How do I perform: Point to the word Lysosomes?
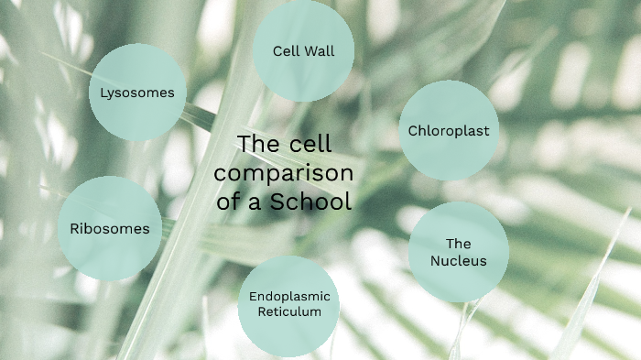pos(137,93)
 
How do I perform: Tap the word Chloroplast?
pos(449,131)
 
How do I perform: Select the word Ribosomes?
pos(110,229)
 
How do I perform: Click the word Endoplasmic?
pos(289,296)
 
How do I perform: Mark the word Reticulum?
pos(289,311)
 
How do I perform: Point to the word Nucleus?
pos(458,261)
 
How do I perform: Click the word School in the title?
pos(310,202)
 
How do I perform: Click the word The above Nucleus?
pos(458,244)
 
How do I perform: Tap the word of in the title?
pos(229,202)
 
